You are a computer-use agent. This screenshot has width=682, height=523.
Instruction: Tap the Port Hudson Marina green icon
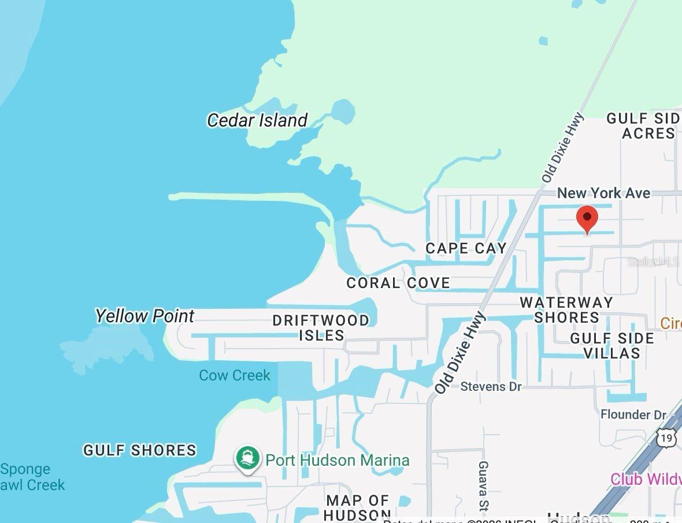(x=248, y=458)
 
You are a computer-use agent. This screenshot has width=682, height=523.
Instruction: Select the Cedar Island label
(x=257, y=120)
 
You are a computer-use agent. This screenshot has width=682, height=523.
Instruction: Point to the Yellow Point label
(x=144, y=316)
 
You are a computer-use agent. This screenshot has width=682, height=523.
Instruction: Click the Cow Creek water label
(x=235, y=375)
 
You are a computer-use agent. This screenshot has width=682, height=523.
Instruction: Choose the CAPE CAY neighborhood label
(x=466, y=248)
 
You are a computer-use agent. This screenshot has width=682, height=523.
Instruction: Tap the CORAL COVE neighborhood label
(x=398, y=283)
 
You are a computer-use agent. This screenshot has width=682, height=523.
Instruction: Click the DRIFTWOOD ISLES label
(x=321, y=327)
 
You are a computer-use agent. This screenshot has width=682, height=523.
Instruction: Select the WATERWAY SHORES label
(x=566, y=310)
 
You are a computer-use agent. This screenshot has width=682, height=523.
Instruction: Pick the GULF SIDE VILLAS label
(x=612, y=345)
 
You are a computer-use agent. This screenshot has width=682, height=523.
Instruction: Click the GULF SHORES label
(x=140, y=450)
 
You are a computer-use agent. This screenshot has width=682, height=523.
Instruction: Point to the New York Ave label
(x=603, y=193)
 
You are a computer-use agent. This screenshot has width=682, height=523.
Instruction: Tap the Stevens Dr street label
(x=491, y=386)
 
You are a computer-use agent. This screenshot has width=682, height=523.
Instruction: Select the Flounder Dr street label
(x=633, y=414)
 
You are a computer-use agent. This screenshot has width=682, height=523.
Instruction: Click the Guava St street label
(x=483, y=485)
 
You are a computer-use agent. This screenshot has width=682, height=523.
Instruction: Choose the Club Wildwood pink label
(x=646, y=479)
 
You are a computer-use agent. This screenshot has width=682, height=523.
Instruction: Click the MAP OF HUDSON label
(x=358, y=507)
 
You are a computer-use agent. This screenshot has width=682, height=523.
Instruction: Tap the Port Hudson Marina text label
(x=338, y=460)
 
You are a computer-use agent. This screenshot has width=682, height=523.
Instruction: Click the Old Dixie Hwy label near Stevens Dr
(x=460, y=353)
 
